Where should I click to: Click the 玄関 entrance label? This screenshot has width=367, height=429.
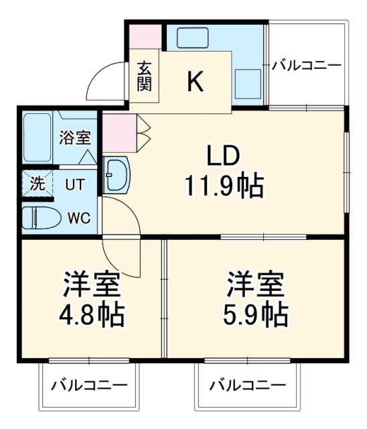tap(145, 76)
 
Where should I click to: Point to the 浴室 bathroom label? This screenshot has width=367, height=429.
tap(74, 139)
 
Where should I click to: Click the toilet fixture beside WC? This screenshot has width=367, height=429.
tap(38, 218)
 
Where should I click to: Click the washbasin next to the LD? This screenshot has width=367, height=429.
tap(117, 176)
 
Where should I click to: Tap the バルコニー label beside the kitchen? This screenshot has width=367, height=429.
tap(307, 66)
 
